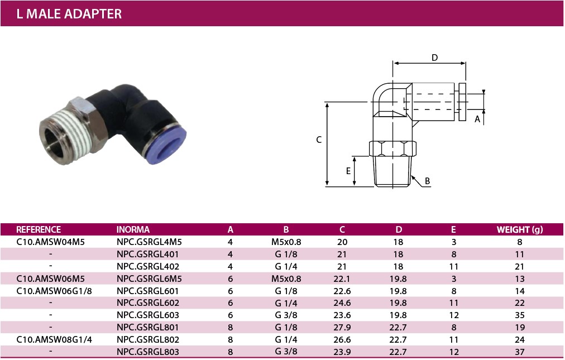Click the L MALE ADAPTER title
[x=69, y=14]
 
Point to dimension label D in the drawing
[x=434, y=57]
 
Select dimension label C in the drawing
[x=319, y=140]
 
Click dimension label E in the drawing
[x=348, y=171]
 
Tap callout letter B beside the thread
[x=427, y=181]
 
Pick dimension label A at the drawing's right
[x=477, y=119]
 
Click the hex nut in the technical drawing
[x=392, y=148]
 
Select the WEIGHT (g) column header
[x=520, y=229]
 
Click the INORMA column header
[x=133, y=229]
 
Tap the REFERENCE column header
[x=39, y=229]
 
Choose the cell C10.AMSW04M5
[x=50, y=242]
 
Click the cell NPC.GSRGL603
[x=148, y=315]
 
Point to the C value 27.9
[x=342, y=328]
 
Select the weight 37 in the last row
[x=520, y=352]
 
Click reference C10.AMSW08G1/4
[x=54, y=340]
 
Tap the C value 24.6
[x=342, y=303]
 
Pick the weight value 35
[x=520, y=315]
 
